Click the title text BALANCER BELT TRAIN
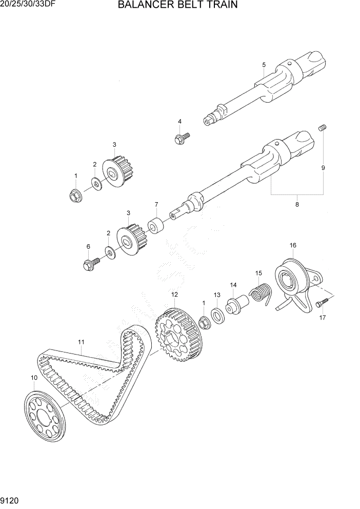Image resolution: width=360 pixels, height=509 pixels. pos(177,6)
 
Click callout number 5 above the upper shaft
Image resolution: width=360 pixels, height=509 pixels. pos(264,65)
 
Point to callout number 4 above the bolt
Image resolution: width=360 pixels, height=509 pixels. pos(179,121)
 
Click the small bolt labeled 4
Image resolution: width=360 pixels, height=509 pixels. pos(182,138)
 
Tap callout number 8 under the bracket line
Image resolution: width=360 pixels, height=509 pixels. pos(297,205)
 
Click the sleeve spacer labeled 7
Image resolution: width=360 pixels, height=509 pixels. pos(156,226)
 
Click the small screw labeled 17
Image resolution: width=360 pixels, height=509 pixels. pos(322,303)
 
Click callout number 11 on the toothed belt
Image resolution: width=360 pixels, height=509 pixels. pos(81,341)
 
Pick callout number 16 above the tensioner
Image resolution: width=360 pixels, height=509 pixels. pos(293,245)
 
